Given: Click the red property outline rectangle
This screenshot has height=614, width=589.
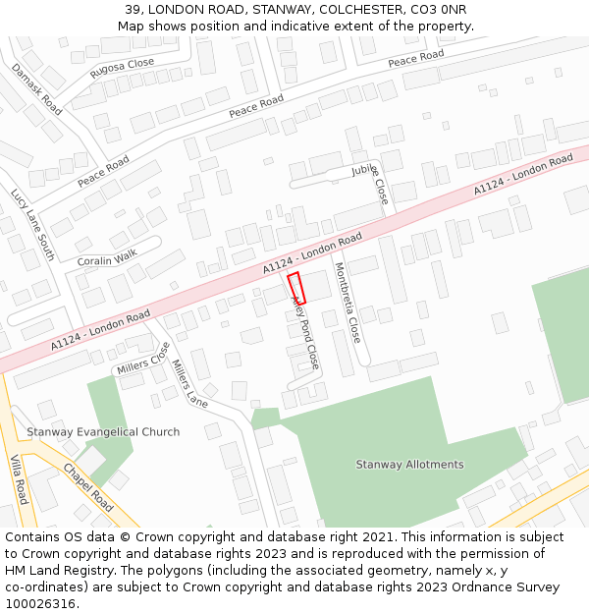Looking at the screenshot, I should pyautogui.click(x=296, y=288).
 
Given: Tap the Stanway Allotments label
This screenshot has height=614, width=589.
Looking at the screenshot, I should pyautogui.click(x=409, y=465).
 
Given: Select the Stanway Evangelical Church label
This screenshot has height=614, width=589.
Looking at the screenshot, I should pyautogui.click(x=103, y=432).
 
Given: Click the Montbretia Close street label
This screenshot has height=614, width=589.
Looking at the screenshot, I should pyautogui.click(x=347, y=303).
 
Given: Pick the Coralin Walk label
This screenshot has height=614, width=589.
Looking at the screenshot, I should pyautogui.click(x=107, y=260).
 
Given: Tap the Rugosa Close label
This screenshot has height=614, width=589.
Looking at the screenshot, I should pyautogui.click(x=122, y=68).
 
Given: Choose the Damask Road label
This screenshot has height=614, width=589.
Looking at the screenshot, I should pyautogui.click(x=36, y=89).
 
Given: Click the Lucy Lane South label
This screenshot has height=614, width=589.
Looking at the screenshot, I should pyautogui.click(x=32, y=225).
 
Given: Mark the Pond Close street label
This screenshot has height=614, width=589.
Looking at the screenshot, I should pyautogui.click(x=305, y=339).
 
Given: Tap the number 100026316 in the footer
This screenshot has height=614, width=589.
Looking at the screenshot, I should pyautogui.click(x=41, y=603).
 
